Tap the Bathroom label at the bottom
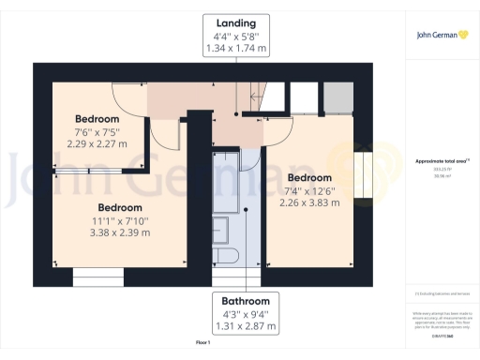[x=246, y=301]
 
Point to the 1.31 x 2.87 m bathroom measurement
[x=246, y=326]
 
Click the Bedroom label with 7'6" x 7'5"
[x=97, y=119]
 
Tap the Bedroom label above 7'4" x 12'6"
[x=309, y=177]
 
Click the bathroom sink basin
[x=221, y=227]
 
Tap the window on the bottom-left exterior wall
[x=98, y=276]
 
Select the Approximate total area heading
[x=441, y=161]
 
